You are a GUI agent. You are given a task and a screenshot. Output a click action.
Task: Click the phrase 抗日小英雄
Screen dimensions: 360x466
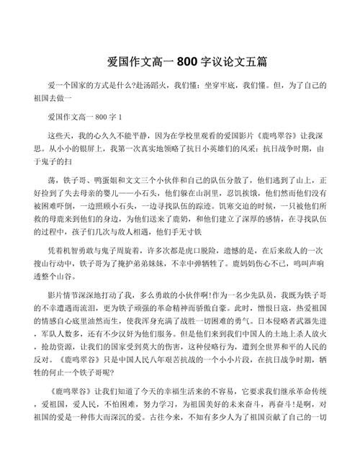point(194,150)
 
